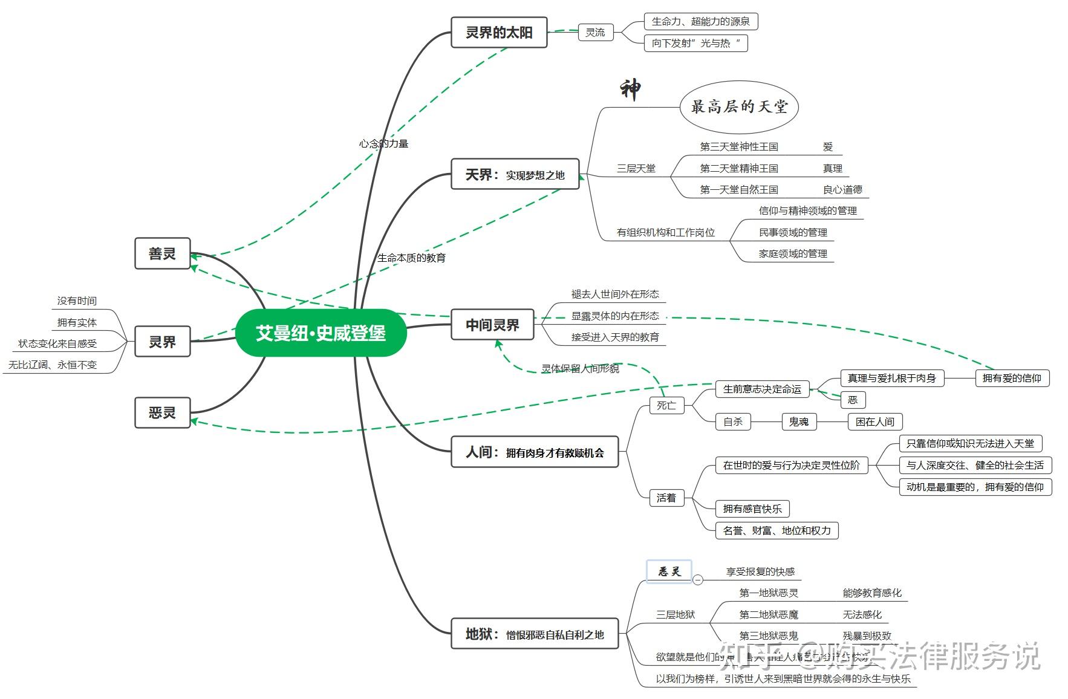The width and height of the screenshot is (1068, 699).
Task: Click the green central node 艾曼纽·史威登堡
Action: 321,333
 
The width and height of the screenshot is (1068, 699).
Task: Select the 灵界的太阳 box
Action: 499,32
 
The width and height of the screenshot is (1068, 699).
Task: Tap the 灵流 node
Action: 595,32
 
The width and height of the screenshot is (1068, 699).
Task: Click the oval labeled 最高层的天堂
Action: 739,107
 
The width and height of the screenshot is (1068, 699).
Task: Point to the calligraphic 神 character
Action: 630,89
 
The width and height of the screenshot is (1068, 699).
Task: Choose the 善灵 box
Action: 162,253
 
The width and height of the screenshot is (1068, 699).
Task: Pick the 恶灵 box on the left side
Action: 162,413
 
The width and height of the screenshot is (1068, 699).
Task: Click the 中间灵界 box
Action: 492,325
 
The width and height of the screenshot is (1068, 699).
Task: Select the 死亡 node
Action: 666,405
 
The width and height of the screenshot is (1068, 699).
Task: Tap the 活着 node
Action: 666,498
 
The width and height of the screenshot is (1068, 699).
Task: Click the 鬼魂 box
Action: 798,421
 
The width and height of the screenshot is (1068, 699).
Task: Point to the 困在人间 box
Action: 874,421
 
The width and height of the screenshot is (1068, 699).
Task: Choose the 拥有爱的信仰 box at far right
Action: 1011,378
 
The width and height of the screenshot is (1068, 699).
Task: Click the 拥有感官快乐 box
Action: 752,509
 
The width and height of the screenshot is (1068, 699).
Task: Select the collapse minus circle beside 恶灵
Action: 698,579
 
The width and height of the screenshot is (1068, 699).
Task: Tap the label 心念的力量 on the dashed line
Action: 383,143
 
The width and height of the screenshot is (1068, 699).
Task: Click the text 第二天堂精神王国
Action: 738,168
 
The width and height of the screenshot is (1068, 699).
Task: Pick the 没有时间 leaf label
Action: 77,301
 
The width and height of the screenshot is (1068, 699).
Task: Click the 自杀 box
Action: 732,421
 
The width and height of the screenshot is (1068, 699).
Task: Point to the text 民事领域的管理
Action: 793,232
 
